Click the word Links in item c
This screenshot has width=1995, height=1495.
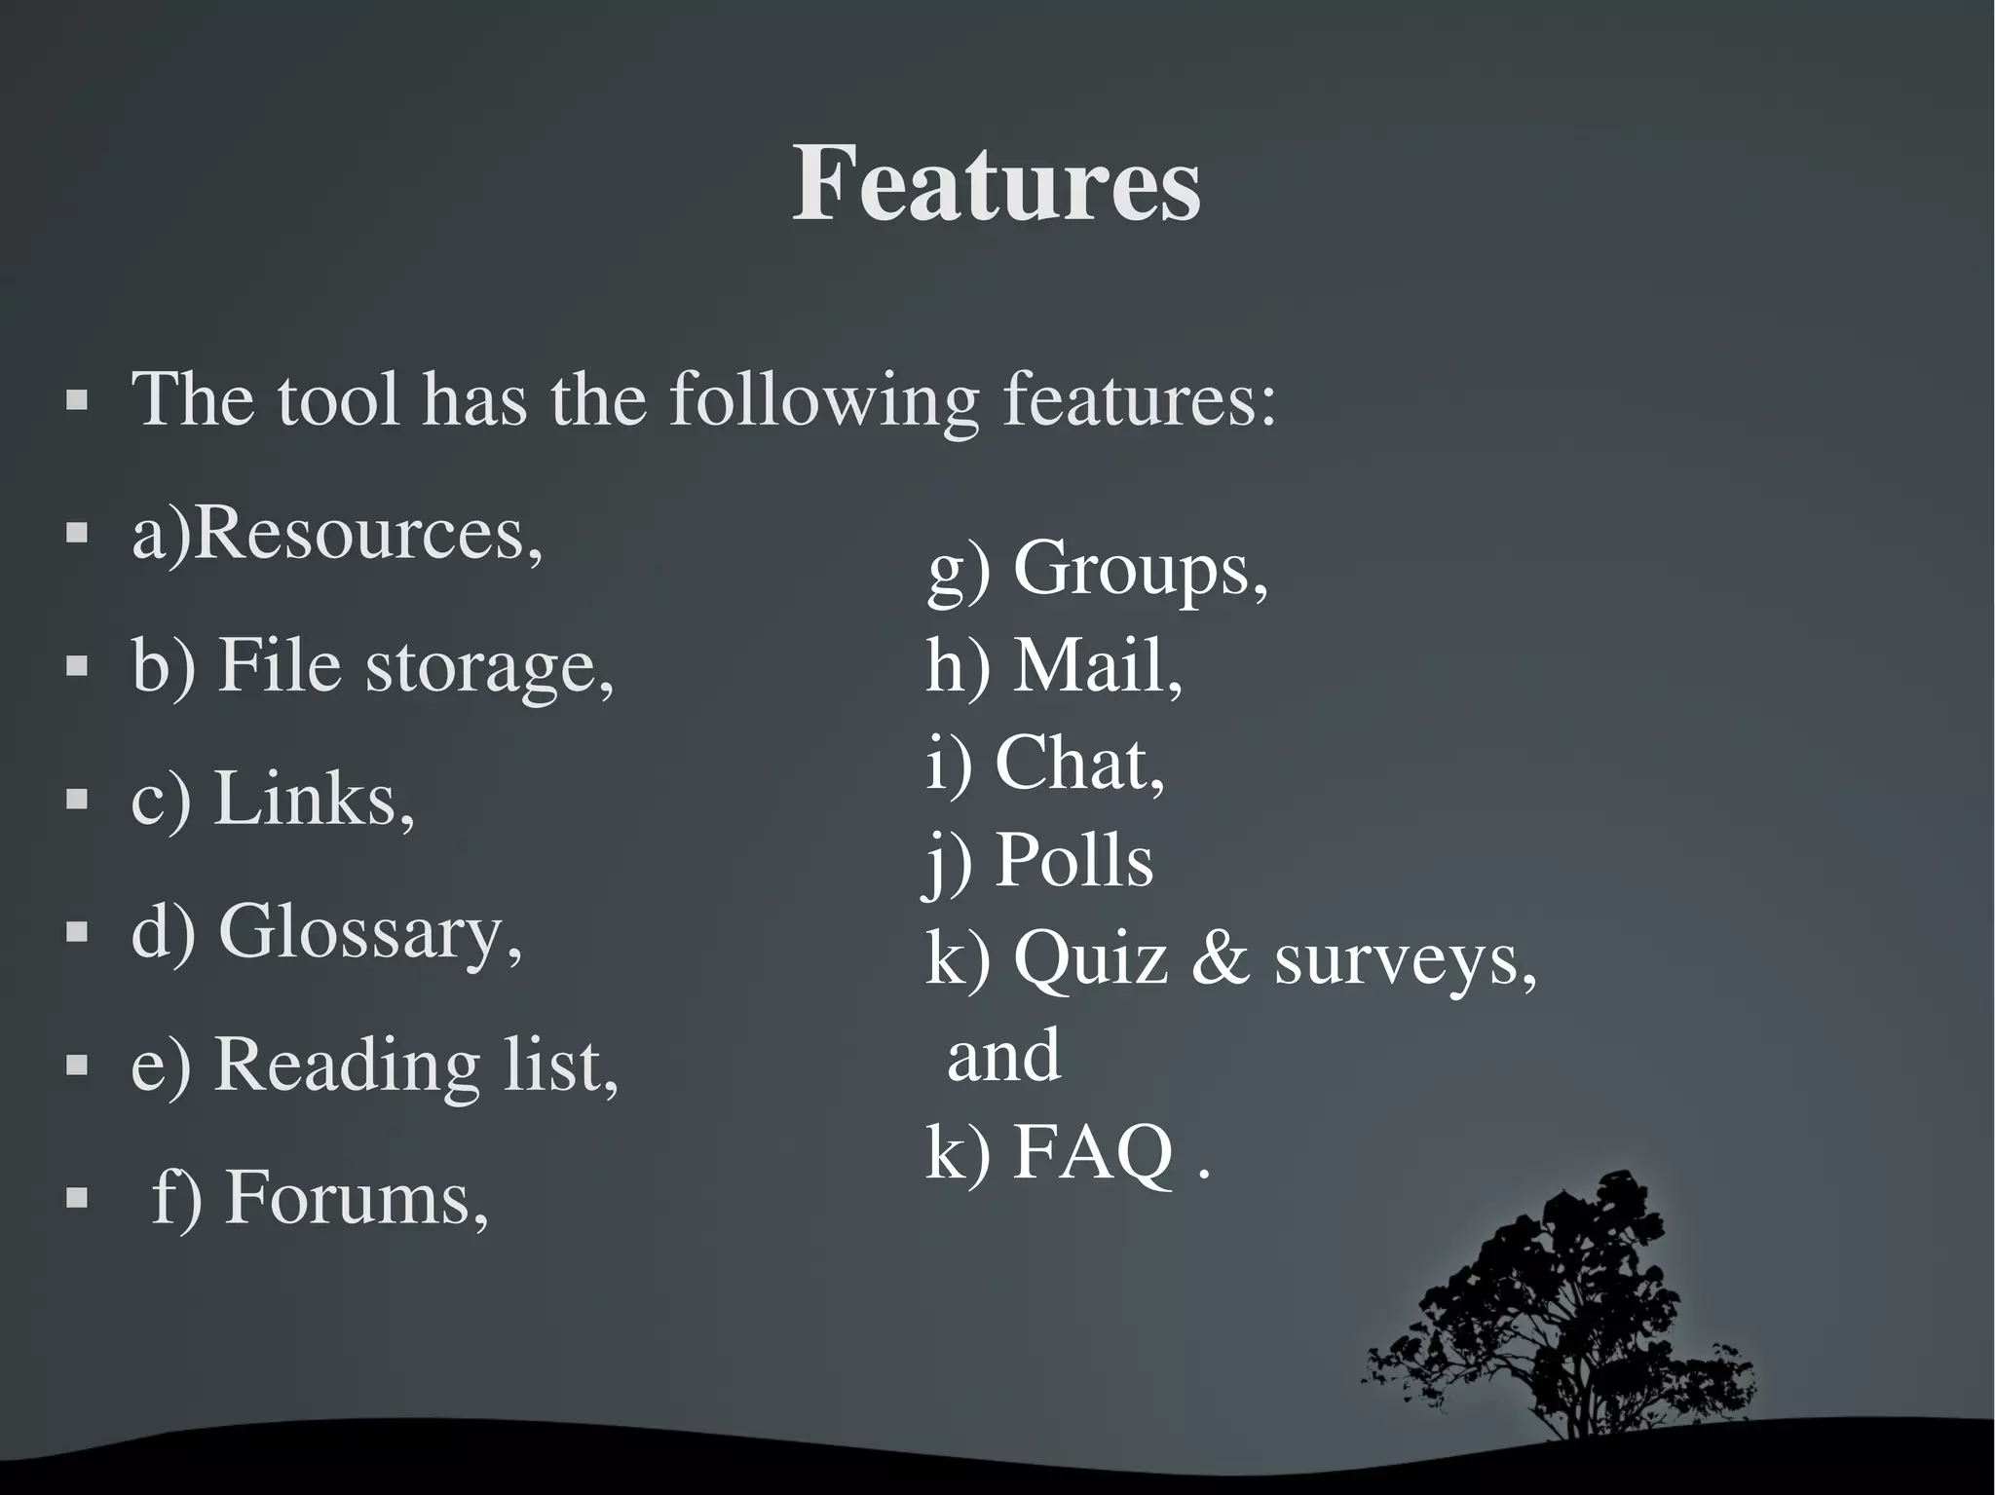pos(313,800)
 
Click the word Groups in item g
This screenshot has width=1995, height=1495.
pos(1140,570)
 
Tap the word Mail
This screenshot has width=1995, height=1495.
pos(1097,667)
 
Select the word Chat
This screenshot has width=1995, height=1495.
pos(1078,764)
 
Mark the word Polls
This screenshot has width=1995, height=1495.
pos(1073,861)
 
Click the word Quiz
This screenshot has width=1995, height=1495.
pos(1089,958)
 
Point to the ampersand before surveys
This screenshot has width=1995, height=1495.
pos(1220,958)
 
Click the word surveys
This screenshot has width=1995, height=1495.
pos(1404,960)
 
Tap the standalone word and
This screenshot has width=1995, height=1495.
pos(1003,1056)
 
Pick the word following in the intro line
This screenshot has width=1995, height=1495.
pos(823,400)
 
